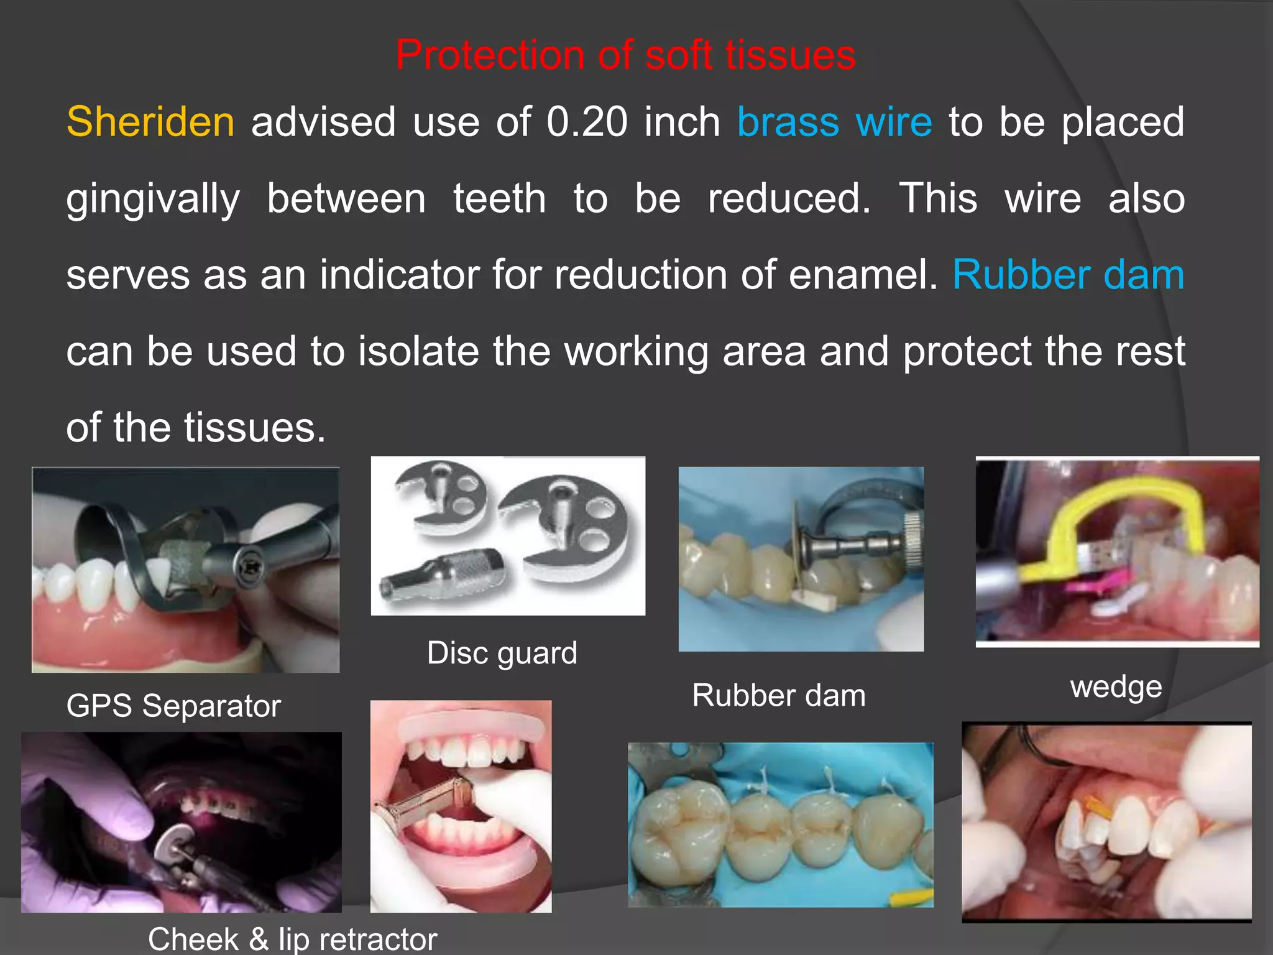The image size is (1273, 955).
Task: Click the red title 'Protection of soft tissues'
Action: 625,55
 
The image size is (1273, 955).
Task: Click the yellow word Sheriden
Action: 150,122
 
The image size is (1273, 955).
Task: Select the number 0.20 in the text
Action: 587,122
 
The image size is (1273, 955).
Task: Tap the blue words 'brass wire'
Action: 834,122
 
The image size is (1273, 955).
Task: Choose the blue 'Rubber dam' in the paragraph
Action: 1068,275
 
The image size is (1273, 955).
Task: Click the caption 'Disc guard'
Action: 502,653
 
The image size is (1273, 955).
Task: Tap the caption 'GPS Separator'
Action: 173,706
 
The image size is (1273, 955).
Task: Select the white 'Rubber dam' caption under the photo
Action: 779,695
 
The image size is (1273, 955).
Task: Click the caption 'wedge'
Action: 1116,687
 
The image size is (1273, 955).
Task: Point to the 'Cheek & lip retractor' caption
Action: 292,939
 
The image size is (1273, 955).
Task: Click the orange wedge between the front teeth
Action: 1099,808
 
